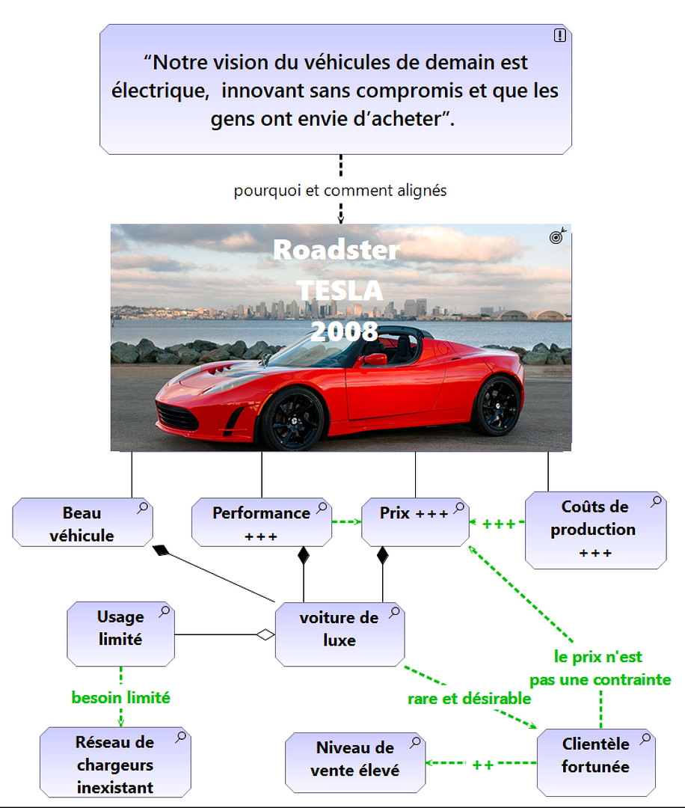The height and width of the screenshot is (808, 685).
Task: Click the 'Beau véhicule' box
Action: pos(82,524)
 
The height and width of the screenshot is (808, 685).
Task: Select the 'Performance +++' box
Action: pos(261,522)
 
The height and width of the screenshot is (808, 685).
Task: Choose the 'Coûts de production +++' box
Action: pos(595,530)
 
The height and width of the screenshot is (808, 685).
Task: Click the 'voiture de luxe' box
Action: pos(340,634)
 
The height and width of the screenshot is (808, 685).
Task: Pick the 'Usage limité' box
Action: pos(120,633)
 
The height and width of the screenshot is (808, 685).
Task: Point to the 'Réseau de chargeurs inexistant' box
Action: pos(115,764)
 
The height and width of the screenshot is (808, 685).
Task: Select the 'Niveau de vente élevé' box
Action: pos(355,762)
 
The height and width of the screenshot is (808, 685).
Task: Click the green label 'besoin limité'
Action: pos(121,698)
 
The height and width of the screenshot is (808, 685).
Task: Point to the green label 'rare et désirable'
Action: pos(469,699)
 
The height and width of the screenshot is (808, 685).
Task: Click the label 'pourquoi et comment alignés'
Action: pos(340,191)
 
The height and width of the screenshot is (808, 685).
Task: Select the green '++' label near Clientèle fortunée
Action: pos(482,765)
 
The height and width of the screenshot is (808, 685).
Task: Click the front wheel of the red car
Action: pos(291,418)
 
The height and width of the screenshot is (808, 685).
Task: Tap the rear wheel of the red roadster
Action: pos(496,405)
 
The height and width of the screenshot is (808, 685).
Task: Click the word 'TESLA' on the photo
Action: pos(340,290)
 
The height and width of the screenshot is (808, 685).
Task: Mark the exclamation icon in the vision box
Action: pos(559,35)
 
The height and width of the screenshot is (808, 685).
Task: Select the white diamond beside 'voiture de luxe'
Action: pos(265,635)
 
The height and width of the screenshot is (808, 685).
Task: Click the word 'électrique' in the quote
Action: pos(158,91)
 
